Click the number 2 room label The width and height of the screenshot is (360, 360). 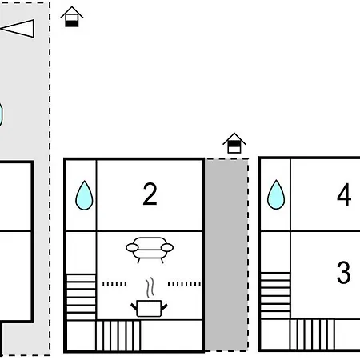pos(150,194)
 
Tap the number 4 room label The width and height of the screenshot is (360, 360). pos(344,194)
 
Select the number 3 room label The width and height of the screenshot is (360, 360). pos(343,272)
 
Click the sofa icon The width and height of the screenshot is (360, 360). pos(150,250)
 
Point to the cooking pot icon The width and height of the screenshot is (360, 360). pos(149,308)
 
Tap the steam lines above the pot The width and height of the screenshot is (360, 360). pos(150,287)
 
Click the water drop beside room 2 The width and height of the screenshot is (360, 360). pos(84,195)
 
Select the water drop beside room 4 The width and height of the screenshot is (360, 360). pos(276,194)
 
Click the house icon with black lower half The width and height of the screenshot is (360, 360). pos(72,17)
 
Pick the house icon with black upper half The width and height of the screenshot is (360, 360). pos(234,143)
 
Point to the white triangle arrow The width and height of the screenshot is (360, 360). pos(18,28)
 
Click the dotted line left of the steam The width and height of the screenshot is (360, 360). pos(114,284)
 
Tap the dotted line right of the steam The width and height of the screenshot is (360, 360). pos(184,284)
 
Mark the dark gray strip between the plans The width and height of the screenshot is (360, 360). pos(226,255)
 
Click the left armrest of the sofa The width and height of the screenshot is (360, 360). pos(132,248)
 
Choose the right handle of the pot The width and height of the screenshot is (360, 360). pos(164,307)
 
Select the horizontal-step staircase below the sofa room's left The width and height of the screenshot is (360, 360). pos(81,297)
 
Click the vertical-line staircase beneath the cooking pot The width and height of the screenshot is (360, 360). pos(118,335)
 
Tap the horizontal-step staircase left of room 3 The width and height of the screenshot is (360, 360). pos(275,295)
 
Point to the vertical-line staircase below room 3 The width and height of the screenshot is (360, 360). pos(312,334)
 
